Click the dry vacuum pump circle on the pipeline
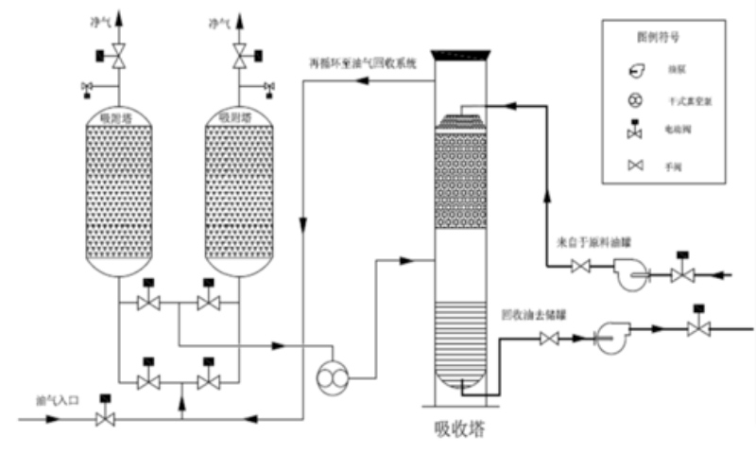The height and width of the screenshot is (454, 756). [x=334, y=376]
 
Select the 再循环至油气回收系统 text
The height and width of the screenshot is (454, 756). [x=363, y=65]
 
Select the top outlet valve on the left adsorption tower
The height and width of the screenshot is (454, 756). [x=118, y=59]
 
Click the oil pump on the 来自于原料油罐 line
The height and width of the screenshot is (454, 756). [x=626, y=274]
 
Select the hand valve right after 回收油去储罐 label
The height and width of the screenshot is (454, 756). [x=547, y=336]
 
